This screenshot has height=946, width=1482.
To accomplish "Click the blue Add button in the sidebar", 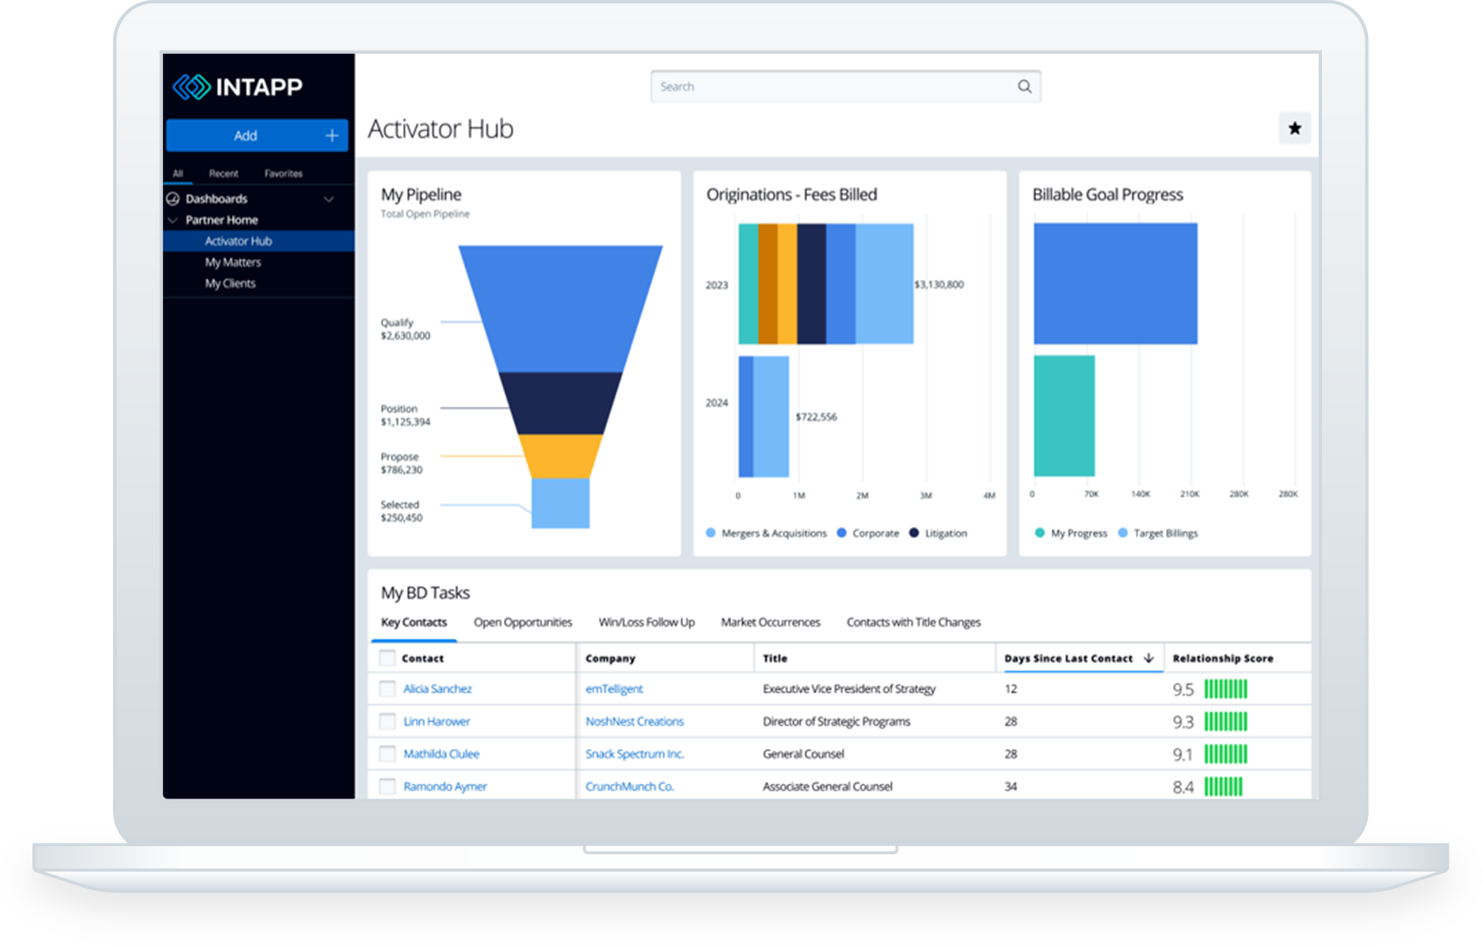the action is [257, 135].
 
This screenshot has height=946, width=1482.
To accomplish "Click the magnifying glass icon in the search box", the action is [1024, 86].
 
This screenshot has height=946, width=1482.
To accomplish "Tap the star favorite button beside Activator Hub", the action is [1294, 128].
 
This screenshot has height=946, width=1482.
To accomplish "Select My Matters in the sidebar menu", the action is [233, 262].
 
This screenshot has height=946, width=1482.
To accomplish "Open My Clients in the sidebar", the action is [230, 284].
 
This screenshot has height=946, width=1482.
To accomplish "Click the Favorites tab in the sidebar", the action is [284, 174].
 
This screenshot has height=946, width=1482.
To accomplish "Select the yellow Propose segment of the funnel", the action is [560, 456].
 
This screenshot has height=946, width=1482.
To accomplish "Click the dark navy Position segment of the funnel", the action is [561, 403].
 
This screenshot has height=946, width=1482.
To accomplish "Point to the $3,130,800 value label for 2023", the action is [939, 284].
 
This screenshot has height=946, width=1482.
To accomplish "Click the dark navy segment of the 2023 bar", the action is [812, 284].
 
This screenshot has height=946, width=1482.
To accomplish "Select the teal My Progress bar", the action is [1065, 416].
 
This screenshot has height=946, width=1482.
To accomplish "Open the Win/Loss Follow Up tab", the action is [646, 622].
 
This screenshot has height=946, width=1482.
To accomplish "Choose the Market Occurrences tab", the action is [771, 622].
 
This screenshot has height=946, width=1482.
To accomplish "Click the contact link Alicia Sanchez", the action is [437, 689].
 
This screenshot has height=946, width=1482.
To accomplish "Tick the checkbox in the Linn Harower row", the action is [387, 721].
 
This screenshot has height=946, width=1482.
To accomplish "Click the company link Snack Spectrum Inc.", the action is [634, 753].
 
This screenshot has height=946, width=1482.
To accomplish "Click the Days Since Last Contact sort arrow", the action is [1149, 658].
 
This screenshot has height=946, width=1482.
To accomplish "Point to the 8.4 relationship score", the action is [1183, 787].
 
